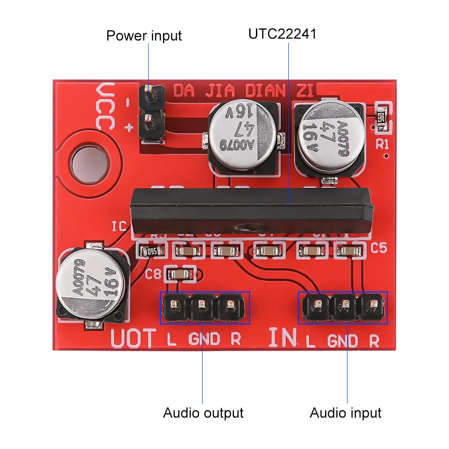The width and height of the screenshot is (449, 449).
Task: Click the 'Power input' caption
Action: (x=144, y=35)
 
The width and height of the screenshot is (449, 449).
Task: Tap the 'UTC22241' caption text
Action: (x=282, y=34)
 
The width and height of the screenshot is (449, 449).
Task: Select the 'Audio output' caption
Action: (x=203, y=413)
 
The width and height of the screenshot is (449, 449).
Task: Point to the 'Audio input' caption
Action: (x=345, y=413)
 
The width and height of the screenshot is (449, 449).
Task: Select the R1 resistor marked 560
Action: (x=382, y=118)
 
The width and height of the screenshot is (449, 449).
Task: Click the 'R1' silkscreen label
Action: (x=383, y=144)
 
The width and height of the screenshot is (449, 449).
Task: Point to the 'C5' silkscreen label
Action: (x=379, y=248)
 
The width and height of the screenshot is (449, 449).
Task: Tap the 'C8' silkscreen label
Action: (x=154, y=273)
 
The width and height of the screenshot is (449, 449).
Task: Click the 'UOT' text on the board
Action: (x=133, y=338)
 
